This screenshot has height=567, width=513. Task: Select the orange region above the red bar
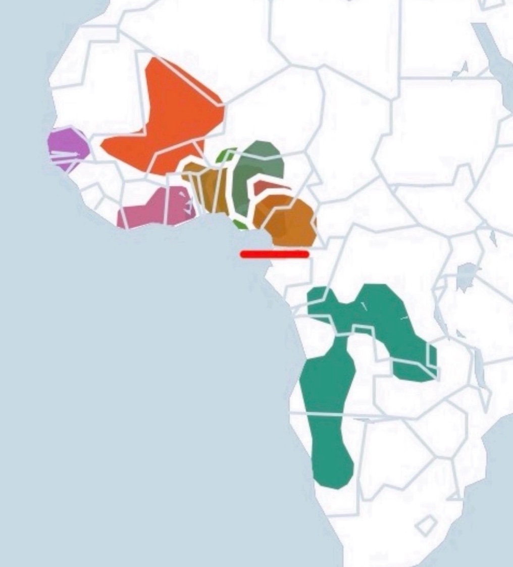click(x=288, y=222)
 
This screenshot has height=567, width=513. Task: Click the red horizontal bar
click(x=275, y=254)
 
